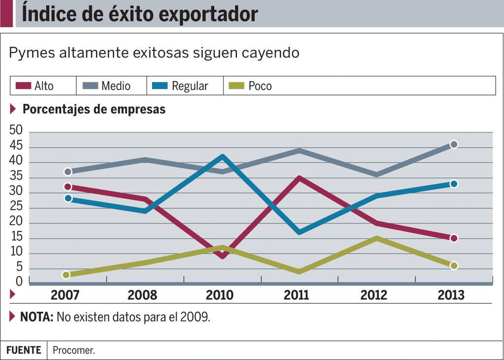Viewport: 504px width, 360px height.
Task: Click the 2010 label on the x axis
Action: click(220, 295)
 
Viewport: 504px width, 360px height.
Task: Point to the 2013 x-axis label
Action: click(451, 295)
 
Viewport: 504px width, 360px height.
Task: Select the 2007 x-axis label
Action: click(65, 295)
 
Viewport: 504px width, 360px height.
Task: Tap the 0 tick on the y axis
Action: click(19, 282)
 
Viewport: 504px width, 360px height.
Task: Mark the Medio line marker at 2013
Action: click(454, 144)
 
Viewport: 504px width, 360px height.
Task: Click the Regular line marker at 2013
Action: click(454, 184)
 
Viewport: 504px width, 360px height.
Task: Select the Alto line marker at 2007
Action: click(67, 187)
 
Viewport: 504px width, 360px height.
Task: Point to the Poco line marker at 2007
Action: click(66, 275)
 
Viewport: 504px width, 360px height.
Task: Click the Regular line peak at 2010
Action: click(223, 157)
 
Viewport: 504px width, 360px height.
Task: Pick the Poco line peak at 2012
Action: click(377, 238)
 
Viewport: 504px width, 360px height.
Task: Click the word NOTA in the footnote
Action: click(36, 317)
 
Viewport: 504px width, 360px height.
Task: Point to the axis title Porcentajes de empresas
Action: click(94, 109)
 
